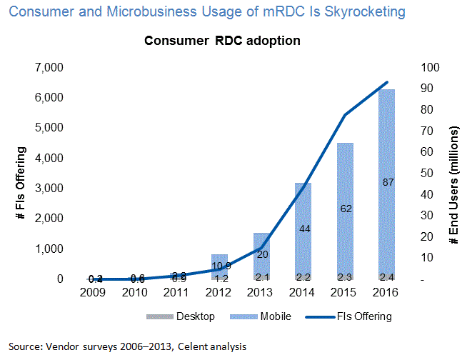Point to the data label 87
coord(388,183)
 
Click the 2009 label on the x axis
coord(94,291)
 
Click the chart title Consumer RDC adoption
coord(222,41)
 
